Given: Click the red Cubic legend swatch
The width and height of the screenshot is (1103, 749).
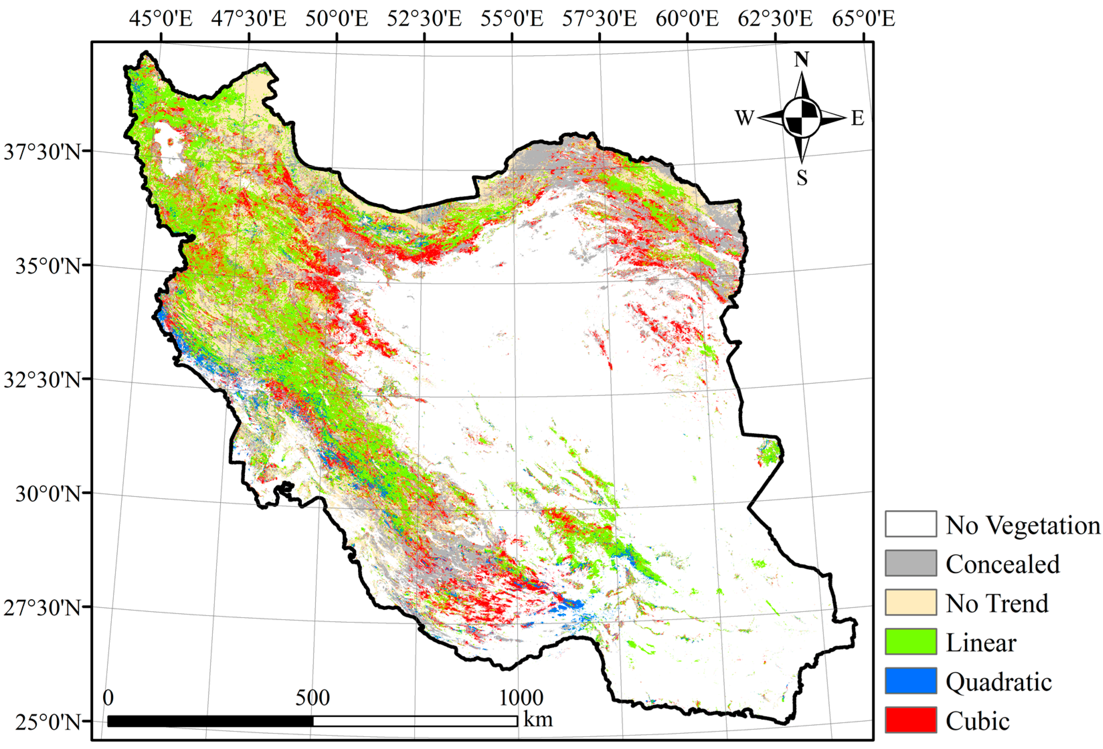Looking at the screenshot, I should [x=910, y=720].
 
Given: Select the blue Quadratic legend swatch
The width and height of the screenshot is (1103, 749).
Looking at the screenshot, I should [x=910, y=681].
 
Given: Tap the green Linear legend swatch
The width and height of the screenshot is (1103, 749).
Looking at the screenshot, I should [x=910, y=641].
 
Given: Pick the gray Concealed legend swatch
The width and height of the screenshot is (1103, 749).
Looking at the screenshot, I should [x=910, y=563].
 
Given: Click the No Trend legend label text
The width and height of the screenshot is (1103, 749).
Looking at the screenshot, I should [x=997, y=603].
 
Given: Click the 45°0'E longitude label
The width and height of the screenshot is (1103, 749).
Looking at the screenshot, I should [x=161, y=19].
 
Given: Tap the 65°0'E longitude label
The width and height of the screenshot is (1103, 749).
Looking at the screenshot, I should [x=863, y=19].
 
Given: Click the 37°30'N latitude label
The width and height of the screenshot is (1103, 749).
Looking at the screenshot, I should [x=42, y=152].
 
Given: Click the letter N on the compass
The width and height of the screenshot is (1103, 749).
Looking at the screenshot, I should [x=801, y=60].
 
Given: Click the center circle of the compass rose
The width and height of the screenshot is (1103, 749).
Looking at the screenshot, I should [x=802, y=117].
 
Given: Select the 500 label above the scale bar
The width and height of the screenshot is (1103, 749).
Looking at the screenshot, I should [x=312, y=698].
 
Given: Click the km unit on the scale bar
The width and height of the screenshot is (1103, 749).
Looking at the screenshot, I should [x=538, y=720].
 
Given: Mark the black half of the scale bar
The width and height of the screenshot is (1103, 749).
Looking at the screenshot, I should [x=210, y=721].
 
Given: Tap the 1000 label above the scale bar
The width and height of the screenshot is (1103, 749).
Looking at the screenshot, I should [x=521, y=698].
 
